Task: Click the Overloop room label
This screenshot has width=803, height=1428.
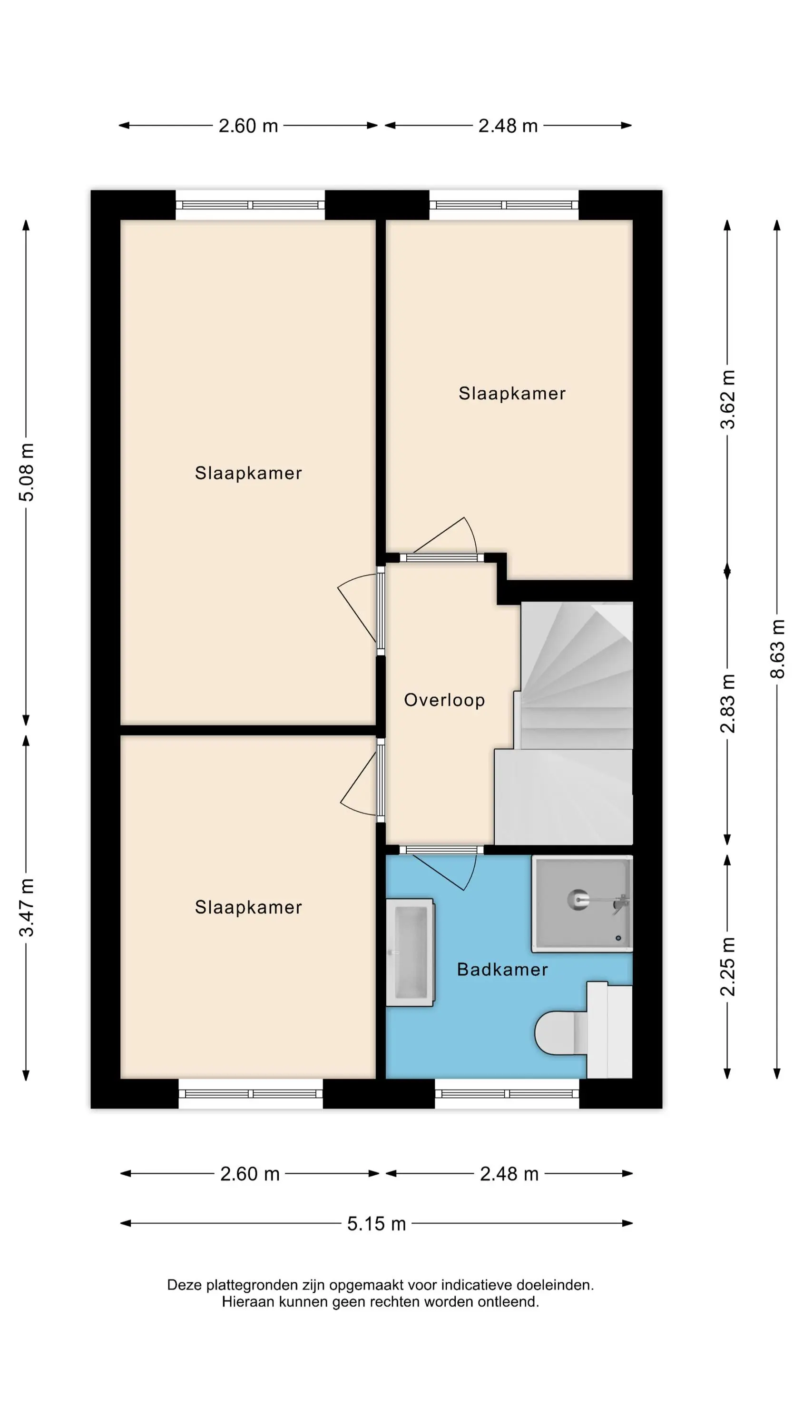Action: (x=444, y=700)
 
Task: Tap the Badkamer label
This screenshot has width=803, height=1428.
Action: (x=502, y=969)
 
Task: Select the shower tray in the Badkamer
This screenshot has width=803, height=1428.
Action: (x=582, y=903)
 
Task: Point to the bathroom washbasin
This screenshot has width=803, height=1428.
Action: (x=410, y=952)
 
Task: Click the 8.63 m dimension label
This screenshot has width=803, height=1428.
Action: (x=777, y=649)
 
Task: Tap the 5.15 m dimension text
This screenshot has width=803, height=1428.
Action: (x=376, y=1223)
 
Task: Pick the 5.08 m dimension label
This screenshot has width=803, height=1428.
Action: (x=26, y=472)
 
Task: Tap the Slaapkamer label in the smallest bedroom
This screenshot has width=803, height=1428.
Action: (x=512, y=393)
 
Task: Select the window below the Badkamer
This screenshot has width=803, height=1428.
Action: (x=507, y=1094)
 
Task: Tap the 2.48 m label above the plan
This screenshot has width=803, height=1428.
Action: (x=508, y=126)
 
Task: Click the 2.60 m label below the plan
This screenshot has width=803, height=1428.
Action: (x=249, y=1173)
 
